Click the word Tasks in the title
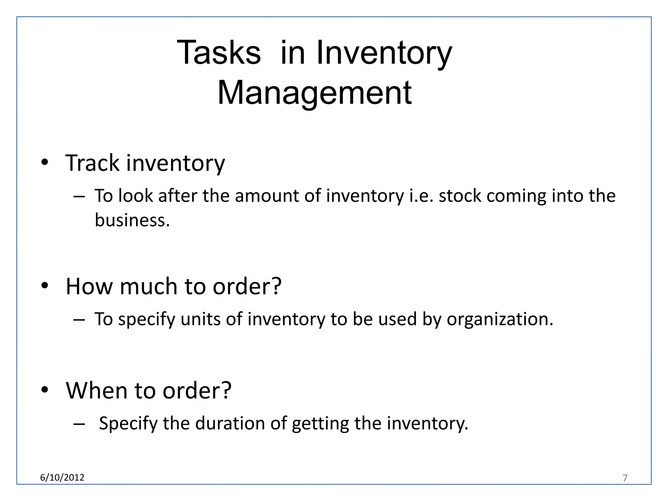point(219,53)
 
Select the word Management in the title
point(314,93)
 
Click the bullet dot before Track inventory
point(45,162)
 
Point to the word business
point(132,220)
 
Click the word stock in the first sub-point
point(460,196)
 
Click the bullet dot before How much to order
point(45,285)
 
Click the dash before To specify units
point(79,319)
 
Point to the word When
point(96,390)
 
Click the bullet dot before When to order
point(45,389)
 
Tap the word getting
point(320,423)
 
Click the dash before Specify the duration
point(79,424)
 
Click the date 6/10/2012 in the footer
point(62,478)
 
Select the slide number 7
point(625,478)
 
